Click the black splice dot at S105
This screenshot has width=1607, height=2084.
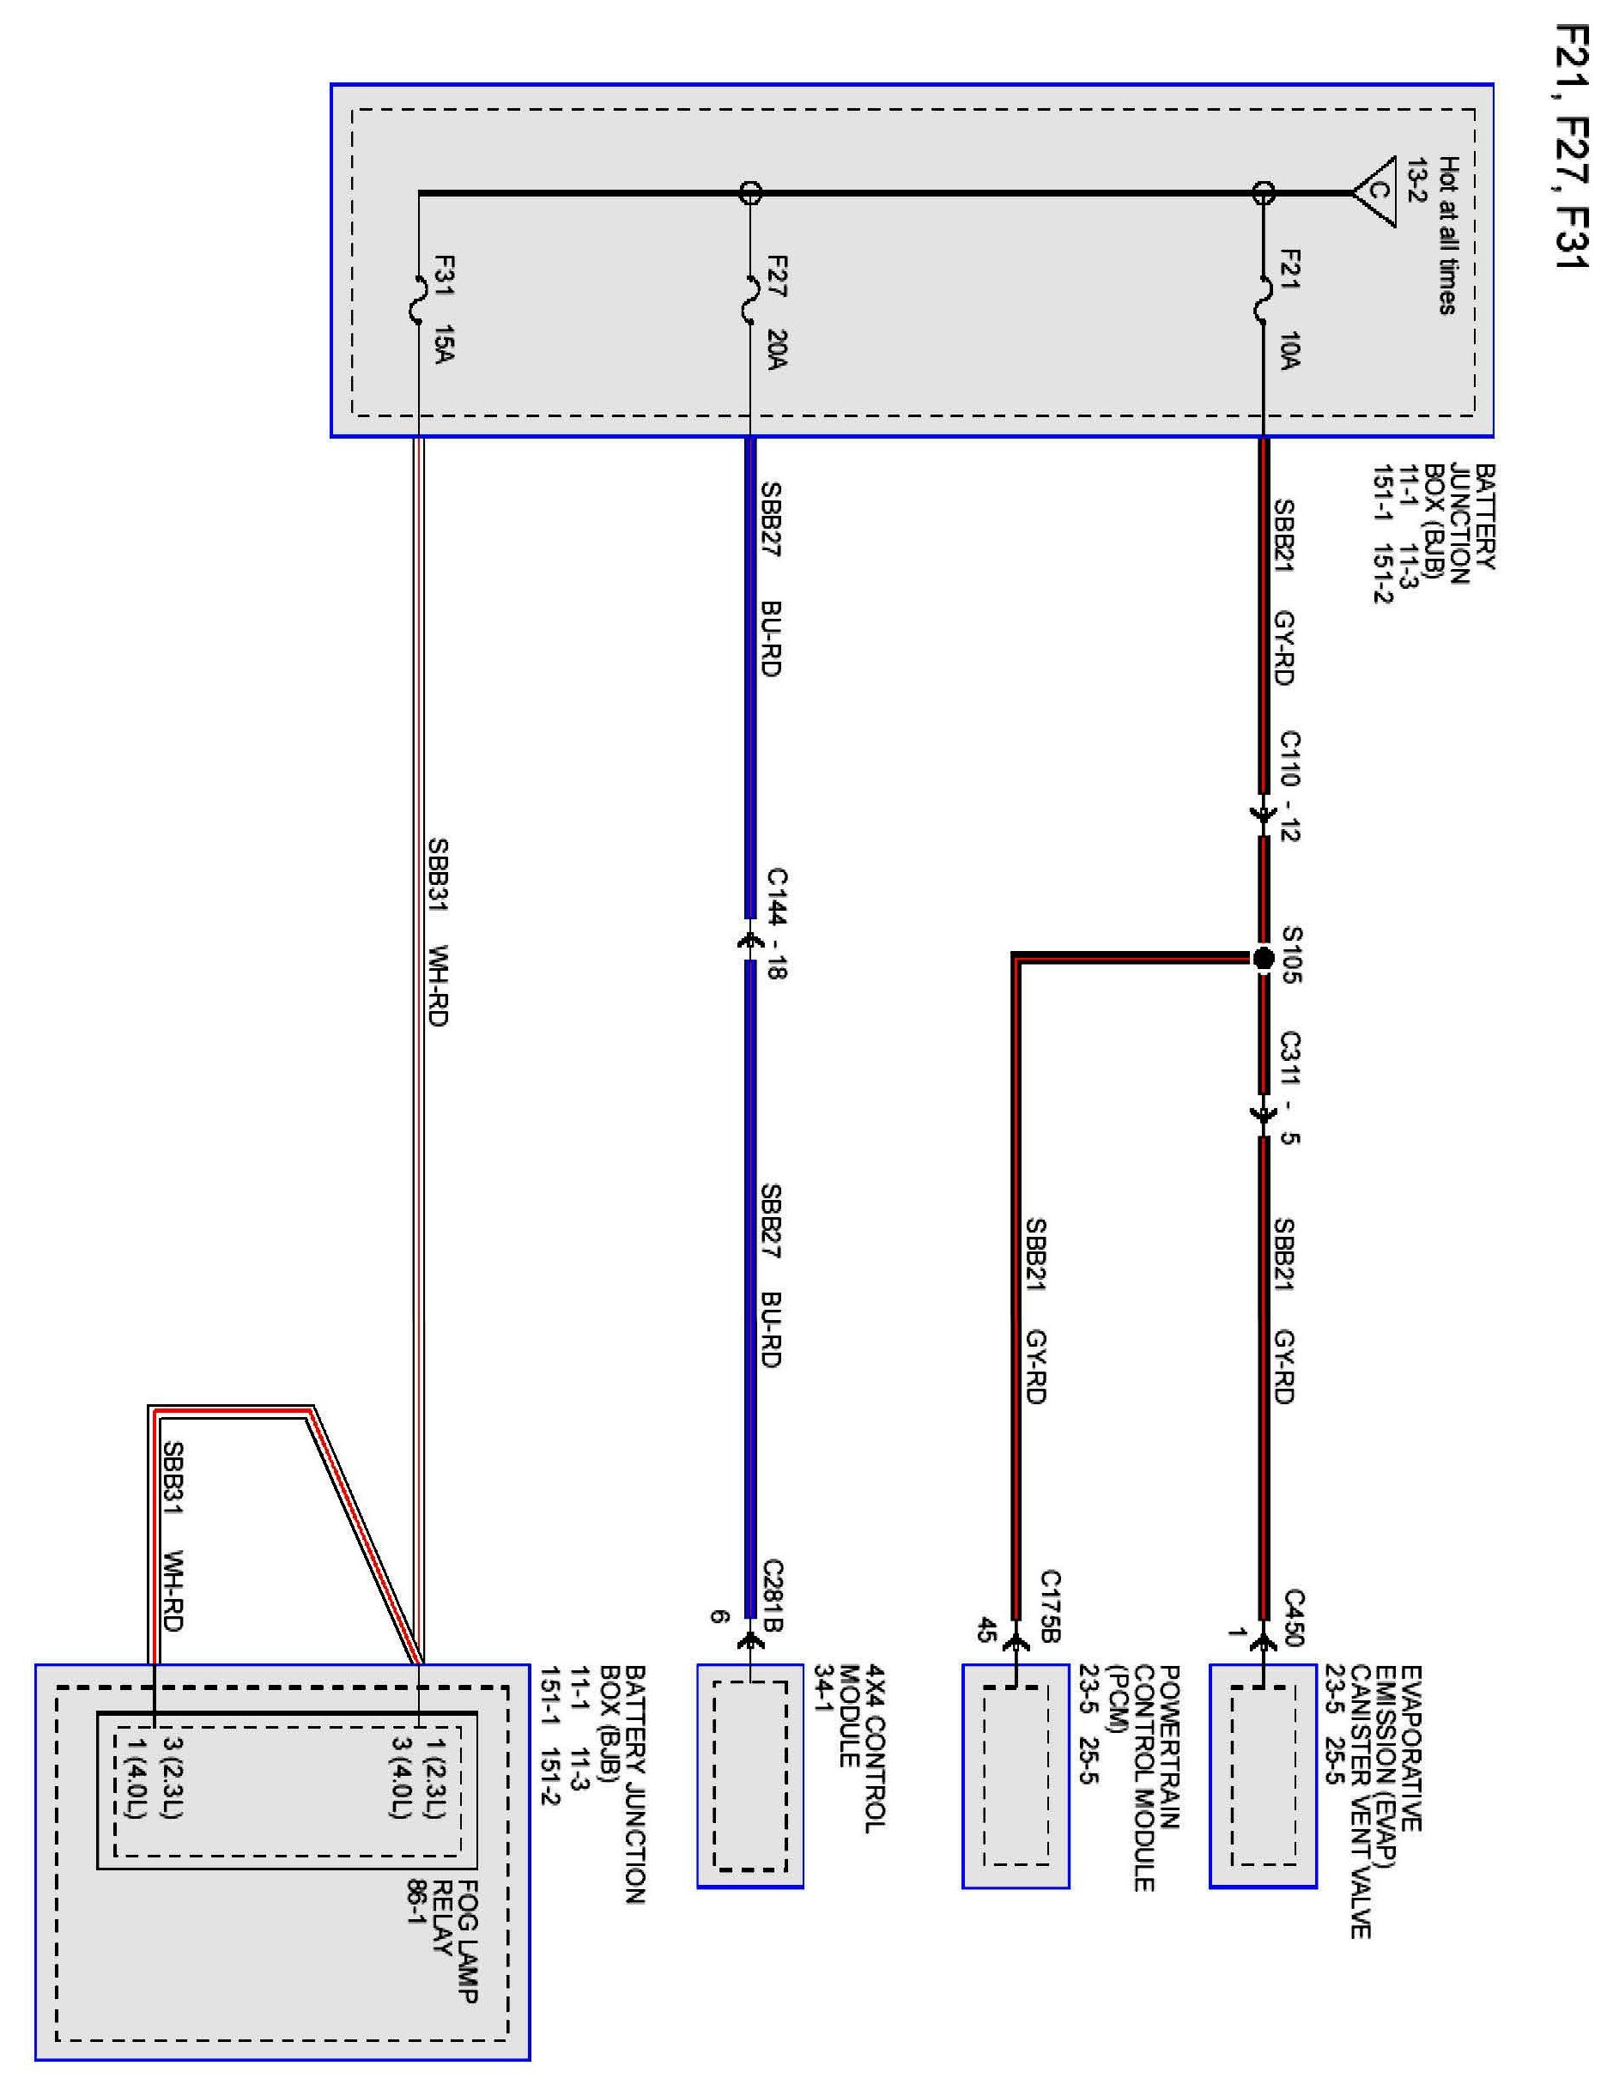1263,958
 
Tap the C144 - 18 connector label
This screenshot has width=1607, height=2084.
777,923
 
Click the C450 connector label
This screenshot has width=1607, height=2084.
1293,1617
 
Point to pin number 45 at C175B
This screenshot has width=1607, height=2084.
984,1630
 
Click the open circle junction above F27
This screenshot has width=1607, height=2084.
750,193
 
